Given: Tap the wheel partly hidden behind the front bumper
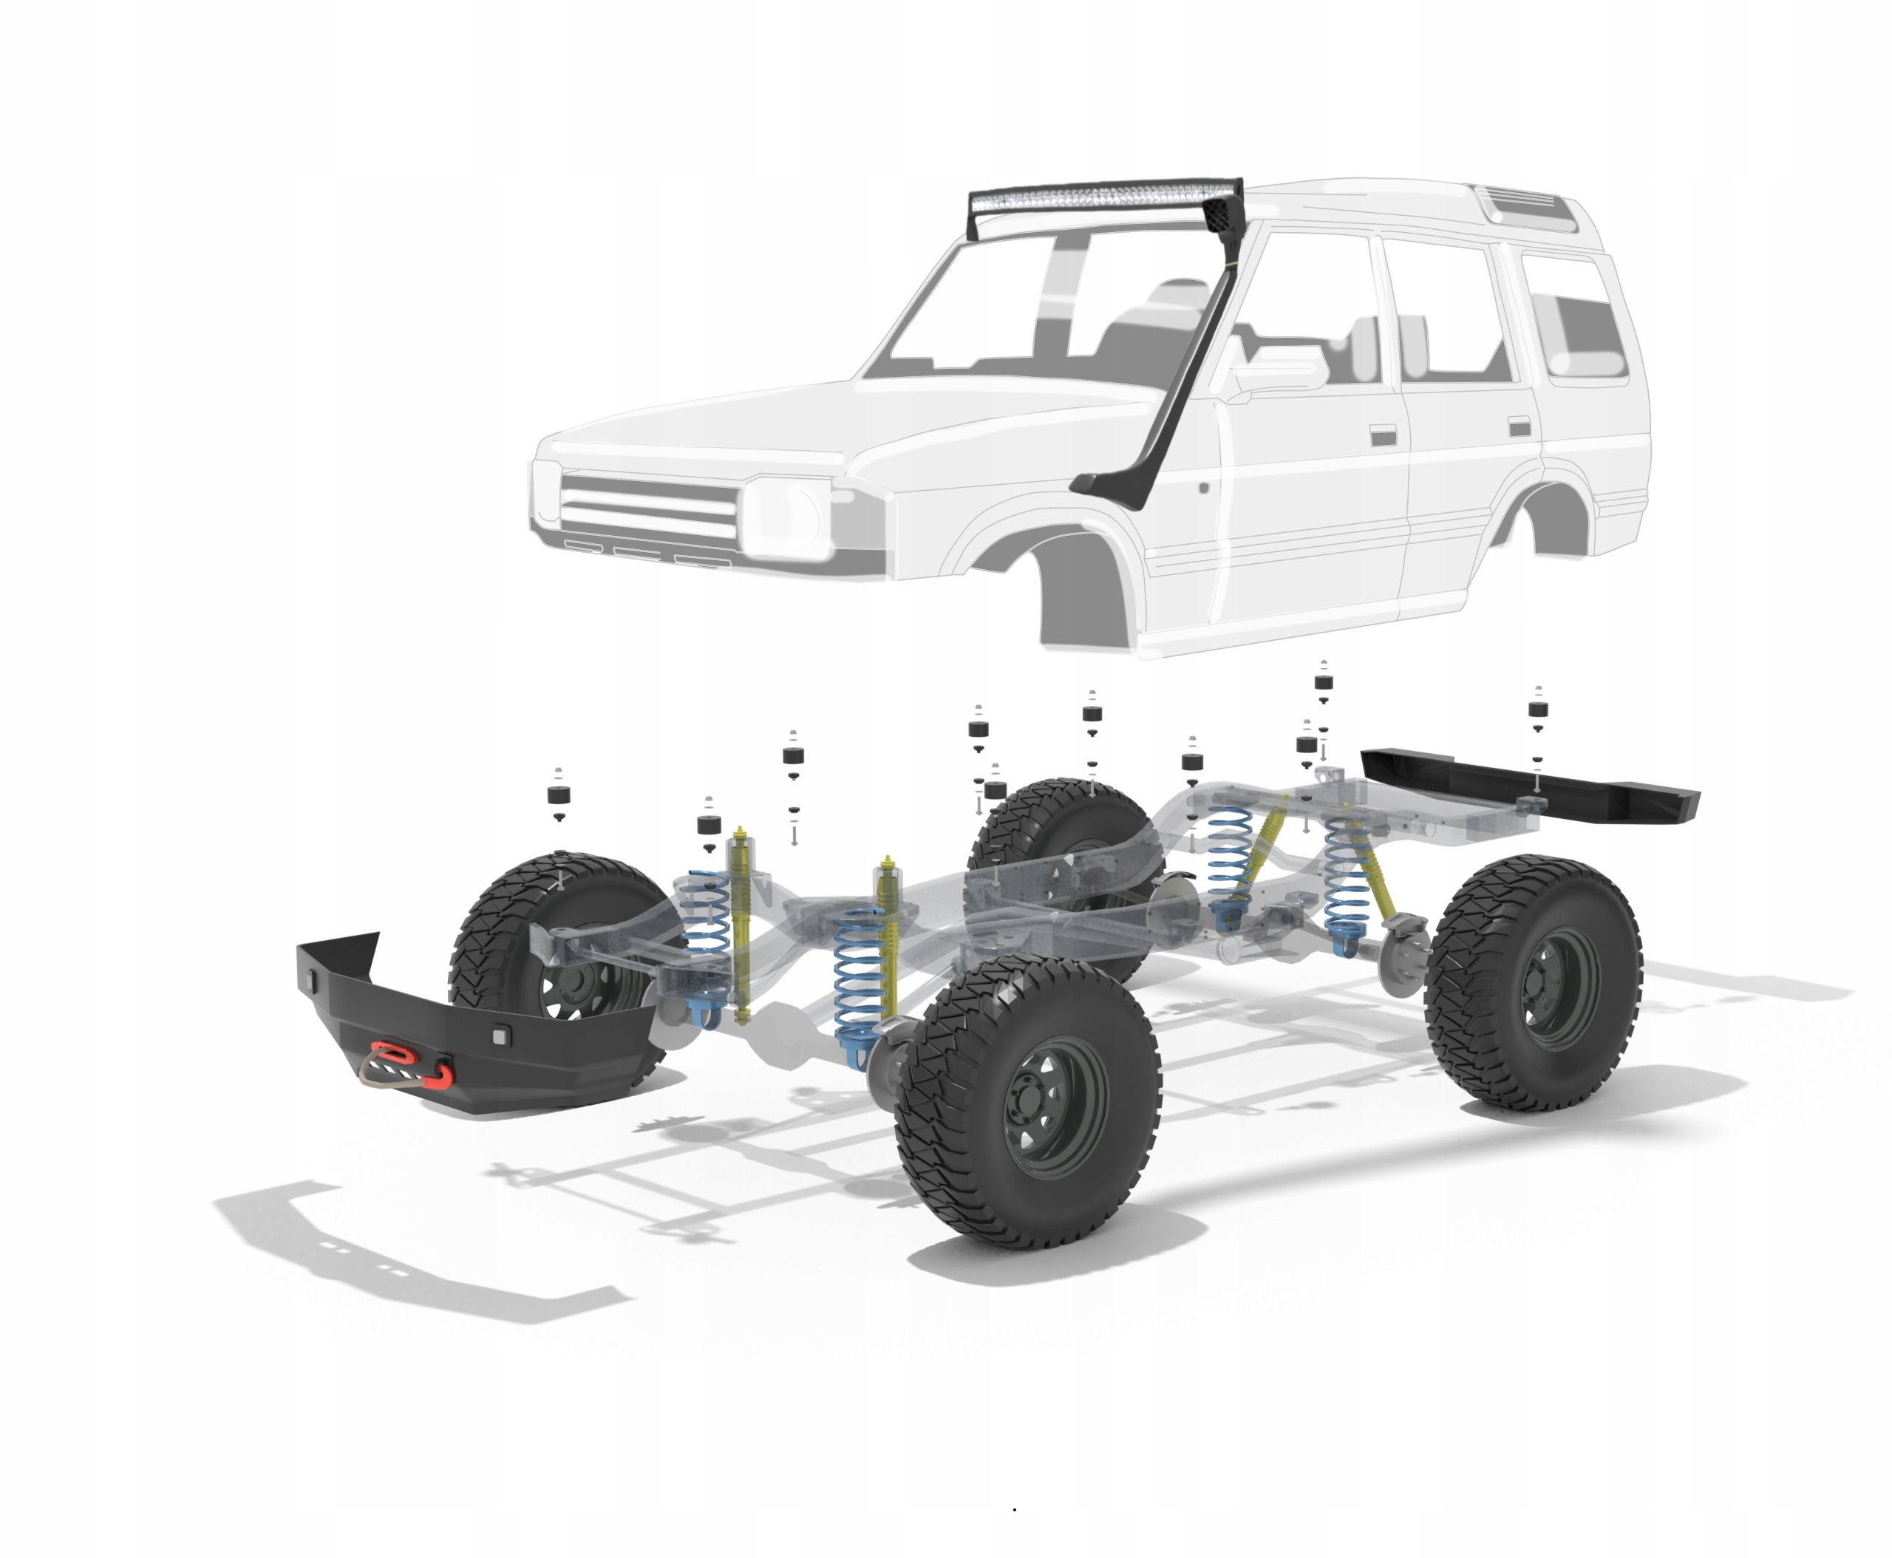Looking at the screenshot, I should [x=557, y=933].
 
